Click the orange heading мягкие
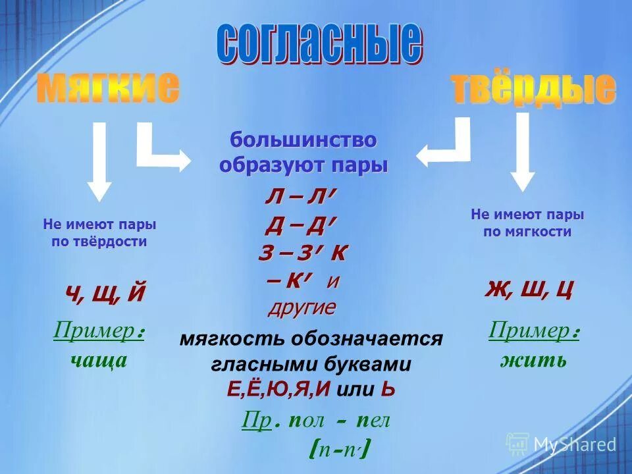pyautogui.click(x=107, y=88)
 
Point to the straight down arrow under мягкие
pyautogui.click(x=99, y=161)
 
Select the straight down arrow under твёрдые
pyautogui.click(x=523, y=151)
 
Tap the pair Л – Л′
pyautogui.click(x=301, y=197)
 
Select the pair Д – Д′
pyautogui.click(x=301, y=225)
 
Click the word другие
pyautogui.click(x=302, y=307)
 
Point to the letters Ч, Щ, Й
pyautogui.click(x=105, y=292)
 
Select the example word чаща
pyautogui.click(x=99, y=360)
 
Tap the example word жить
pyautogui.click(x=533, y=360)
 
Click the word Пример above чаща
pyautogui.click(x=94, y=332)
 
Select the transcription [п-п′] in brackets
pyautogui.click(x=338, y=450)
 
